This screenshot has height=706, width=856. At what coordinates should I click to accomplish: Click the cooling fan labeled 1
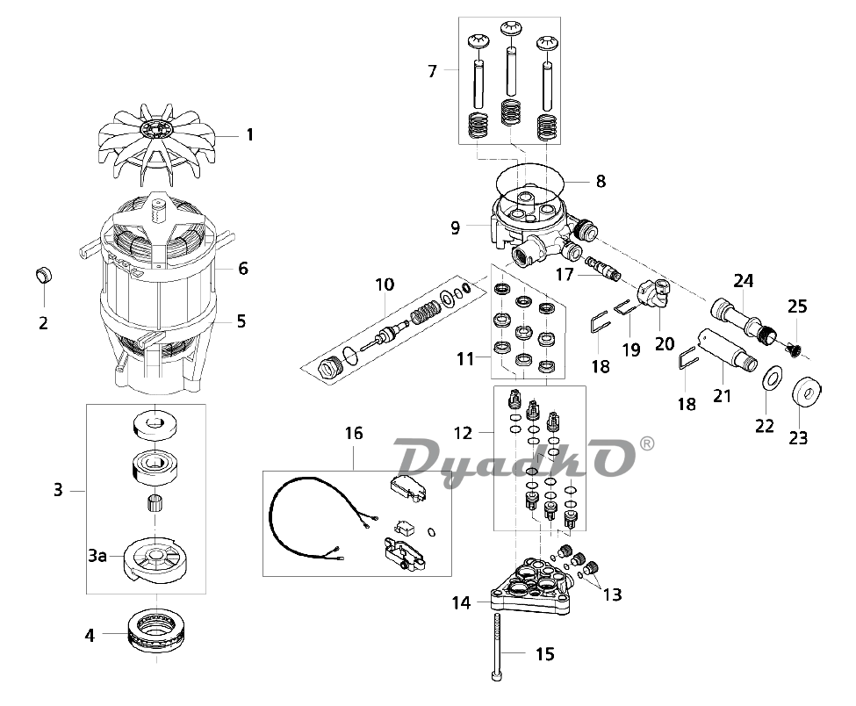click(157, 140)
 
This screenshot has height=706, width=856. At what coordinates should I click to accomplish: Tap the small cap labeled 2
click(43, 275)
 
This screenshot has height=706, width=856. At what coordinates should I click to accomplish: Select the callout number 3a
click(97, 556)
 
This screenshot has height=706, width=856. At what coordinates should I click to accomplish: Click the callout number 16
click(354, 433)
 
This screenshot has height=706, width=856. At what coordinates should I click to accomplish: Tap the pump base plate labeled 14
click(530, 590)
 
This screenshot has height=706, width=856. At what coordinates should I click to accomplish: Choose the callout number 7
click(432, 71)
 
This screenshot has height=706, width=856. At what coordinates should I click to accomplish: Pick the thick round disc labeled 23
click(807, 392)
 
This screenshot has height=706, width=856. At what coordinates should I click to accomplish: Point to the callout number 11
click(465, 359)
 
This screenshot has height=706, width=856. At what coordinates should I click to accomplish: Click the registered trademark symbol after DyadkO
click(646, 443)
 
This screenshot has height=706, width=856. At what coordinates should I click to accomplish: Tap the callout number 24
click(744, 281)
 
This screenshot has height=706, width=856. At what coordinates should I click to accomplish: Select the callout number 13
click(613, 594)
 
